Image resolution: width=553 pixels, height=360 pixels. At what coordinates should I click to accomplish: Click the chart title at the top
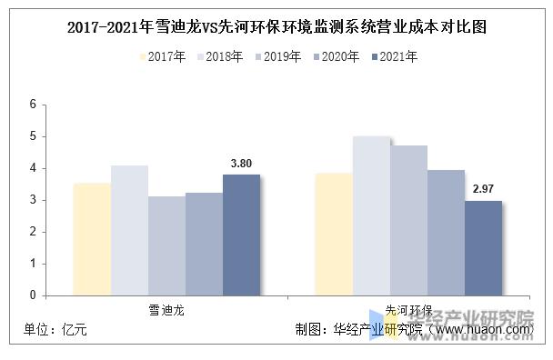pos(276,27)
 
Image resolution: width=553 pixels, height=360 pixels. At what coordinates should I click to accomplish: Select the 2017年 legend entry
pos(164,57)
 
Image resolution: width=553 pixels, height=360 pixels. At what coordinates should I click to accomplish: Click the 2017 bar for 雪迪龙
pos(92,239)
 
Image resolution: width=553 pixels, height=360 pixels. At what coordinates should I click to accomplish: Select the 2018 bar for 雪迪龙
pos(129,230)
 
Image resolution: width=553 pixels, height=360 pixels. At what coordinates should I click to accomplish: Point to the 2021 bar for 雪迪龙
pos(241,235)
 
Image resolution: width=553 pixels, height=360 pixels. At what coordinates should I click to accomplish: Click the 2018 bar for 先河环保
pos(371,215)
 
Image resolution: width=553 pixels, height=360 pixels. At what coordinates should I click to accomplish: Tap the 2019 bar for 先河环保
pos(408,220)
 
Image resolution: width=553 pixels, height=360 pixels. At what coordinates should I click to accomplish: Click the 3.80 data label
pos(241,165)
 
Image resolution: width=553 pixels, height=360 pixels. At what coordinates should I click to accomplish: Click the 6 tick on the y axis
pos(32,105)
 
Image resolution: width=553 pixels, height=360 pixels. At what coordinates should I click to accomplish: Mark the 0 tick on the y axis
pos(32,295)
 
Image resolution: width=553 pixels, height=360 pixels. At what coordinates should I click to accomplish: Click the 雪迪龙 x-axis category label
pos(166,309)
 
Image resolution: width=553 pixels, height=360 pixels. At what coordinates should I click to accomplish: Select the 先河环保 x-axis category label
pos(408,309)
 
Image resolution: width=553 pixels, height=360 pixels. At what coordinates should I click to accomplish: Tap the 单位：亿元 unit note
pos(56,330)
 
